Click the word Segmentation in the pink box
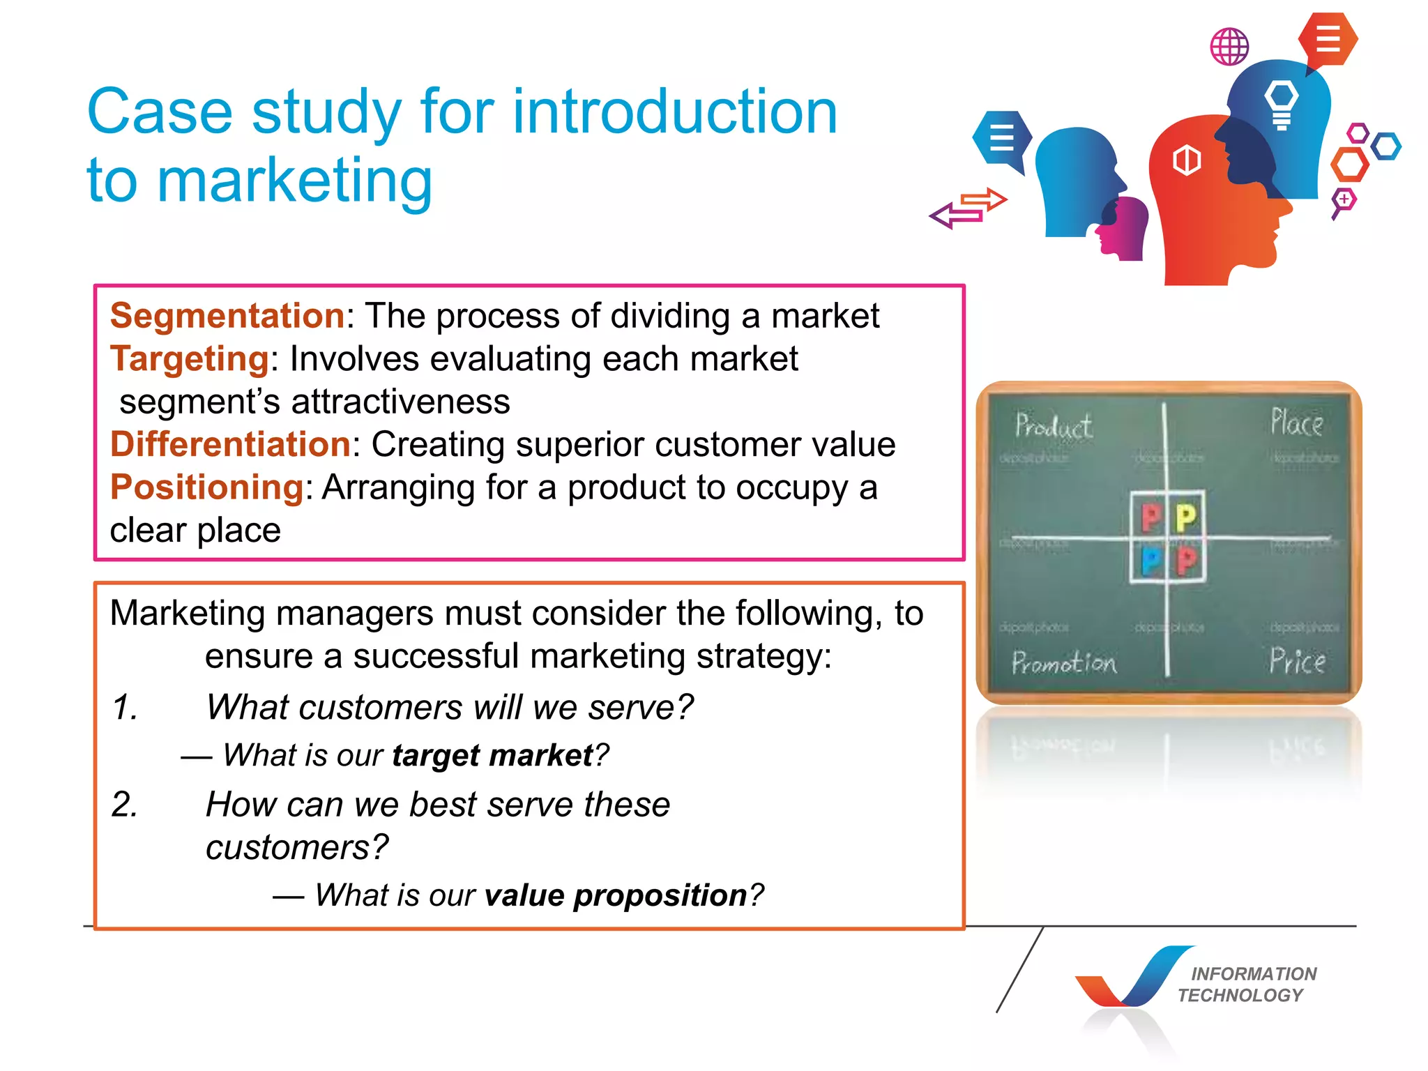227,316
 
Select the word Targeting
190,359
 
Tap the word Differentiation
230,444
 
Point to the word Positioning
207,487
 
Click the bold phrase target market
492,756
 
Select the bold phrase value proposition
616,895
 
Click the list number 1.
126,708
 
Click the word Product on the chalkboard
1053,426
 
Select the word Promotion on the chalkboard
1064,662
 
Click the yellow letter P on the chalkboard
1186,518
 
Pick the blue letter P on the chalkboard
1151,561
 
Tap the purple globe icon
1229,47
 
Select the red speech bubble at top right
1328,39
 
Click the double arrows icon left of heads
969,208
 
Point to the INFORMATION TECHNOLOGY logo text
1247,985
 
